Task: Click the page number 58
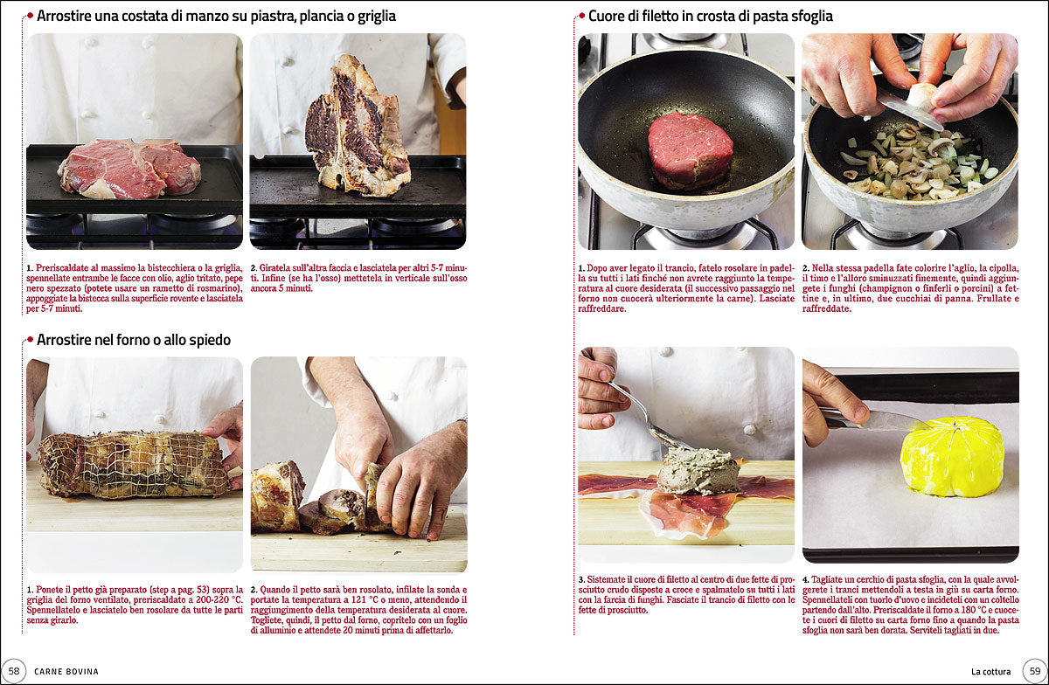tap(14, 671)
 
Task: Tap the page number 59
tap(1035, 671)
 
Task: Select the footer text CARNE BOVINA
tap(66, 671)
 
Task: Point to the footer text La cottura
tap(991, 671)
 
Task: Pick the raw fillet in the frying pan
tap(690, 149)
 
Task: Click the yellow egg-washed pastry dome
tap(952, 456)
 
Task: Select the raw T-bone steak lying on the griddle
tap(129, 169)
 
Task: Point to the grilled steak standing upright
tap(357, 127)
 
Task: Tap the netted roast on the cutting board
tap(133, 464)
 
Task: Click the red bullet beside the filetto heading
tap(581, 16)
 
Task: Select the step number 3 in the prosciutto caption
tap(581, 579)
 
